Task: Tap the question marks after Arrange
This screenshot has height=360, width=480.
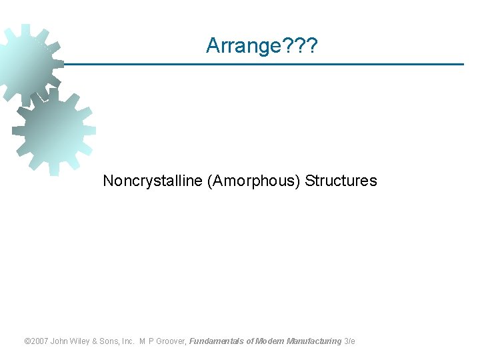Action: pyautogui.click(x=304, y=45)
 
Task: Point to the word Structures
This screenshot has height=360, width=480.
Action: pyautogui.click(x=341, y=181)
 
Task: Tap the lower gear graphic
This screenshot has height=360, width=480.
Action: pyautogui.click(x=53, y=130)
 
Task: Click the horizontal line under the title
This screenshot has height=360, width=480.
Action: pyautogui.click(x=267, y=65)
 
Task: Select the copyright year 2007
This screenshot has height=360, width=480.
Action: pyautogui.click(x=40, y=341)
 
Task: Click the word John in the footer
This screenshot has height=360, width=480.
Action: pyautogui.click(x=61, y=341)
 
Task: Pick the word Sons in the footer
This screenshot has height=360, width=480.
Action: pyautogui.click(x=113, y=341)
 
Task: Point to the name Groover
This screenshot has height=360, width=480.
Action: pyautogui.click(x=173, y=341)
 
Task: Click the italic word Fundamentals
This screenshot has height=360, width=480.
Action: pyautogui.click(x=217, y=341)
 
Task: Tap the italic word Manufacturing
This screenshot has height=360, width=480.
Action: pyautogui.click(x=314, y=341)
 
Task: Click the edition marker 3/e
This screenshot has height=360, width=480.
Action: pyautogui.click(x=350, y=341)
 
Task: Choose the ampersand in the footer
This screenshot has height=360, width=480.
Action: pyautogui.click(x=99, y=341)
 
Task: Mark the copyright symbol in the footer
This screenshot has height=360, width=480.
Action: pyautogui.click(x=27, y=341)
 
